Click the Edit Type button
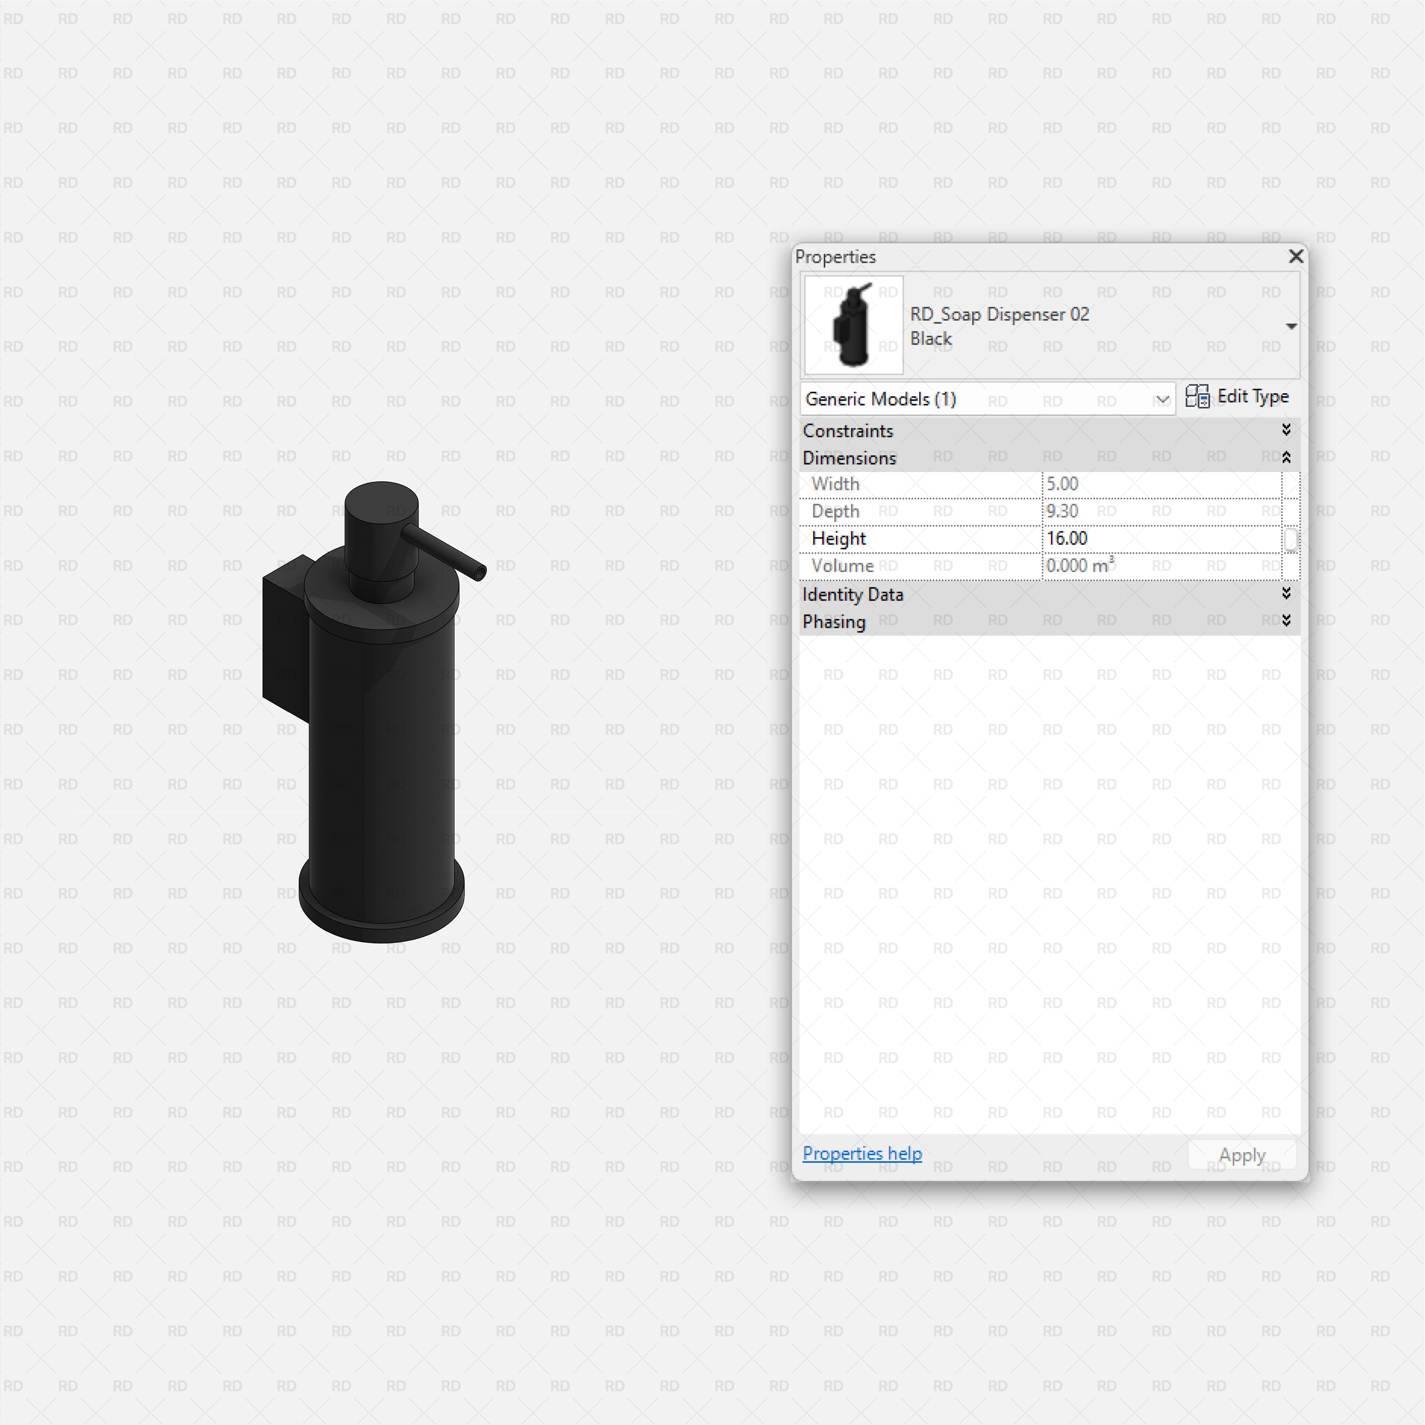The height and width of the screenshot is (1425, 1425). pyautogui.click(x=1238, y=397)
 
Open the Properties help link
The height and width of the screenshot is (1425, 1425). pyautogui.click(x=862, y=1153)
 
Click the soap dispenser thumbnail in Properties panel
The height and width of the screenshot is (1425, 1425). pyautogui.click(x=853, y=325)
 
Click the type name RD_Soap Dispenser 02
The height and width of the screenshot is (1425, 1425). pyautogui.click(x=999, y=314)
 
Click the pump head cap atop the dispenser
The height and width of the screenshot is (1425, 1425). pyautogui.click(x=381, y=509)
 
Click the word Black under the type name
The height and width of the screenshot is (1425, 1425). pyautogui.click(x=931, y=338)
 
